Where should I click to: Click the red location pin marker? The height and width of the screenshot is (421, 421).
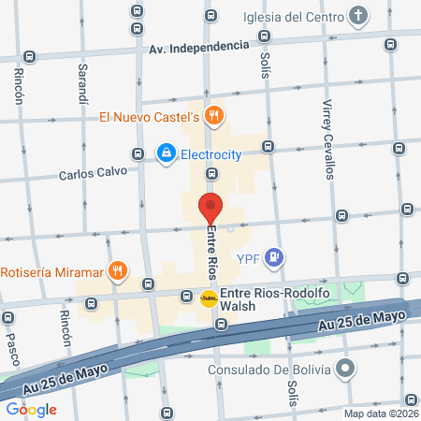tap(210, 208)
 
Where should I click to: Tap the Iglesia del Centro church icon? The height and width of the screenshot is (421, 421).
tap(359, 16)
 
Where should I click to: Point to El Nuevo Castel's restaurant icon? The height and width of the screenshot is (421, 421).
tap(214, 117)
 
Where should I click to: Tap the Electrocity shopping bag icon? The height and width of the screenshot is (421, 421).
tap(167, 152)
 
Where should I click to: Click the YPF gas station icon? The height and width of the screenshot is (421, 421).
tap(273, 255)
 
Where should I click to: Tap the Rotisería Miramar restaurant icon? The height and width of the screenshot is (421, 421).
tap(117, 271)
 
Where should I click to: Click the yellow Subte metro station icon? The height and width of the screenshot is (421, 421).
tap(209, 298)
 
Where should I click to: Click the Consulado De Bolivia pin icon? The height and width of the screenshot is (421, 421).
tap(346, 369)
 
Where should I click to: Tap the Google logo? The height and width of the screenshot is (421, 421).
tap(31, 409)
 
